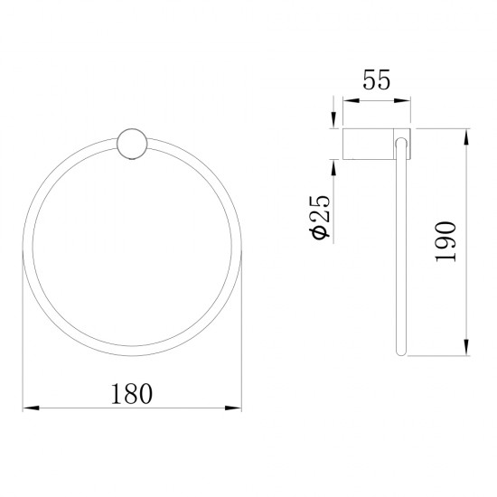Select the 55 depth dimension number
(x=376, y=81)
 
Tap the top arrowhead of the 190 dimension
(x=465, y=136)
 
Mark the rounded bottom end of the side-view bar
(x=399, y=353)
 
